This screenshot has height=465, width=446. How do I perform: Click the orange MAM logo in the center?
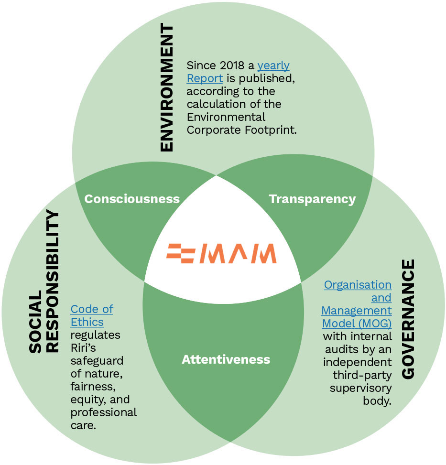tap(221, 253)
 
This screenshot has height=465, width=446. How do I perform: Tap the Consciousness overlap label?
tap(132, 199)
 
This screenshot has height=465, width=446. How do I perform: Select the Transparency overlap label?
tap(312, 199)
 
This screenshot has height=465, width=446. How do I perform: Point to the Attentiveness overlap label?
tap(226, 359)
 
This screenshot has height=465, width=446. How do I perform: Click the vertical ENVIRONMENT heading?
tap(166, 88)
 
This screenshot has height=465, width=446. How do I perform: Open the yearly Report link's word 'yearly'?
tap(273, 65)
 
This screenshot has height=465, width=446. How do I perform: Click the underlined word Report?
tap(205, 78)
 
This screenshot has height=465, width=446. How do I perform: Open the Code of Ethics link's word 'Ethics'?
tap(87, 322)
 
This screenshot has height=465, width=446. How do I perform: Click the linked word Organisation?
tap(358, 285)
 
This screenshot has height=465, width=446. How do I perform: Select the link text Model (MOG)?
tap(357, 323)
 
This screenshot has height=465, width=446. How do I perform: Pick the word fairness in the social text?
tap(93, 386)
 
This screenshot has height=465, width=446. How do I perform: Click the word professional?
tap(103, 412)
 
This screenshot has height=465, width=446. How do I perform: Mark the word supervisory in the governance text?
tap(361, 388)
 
